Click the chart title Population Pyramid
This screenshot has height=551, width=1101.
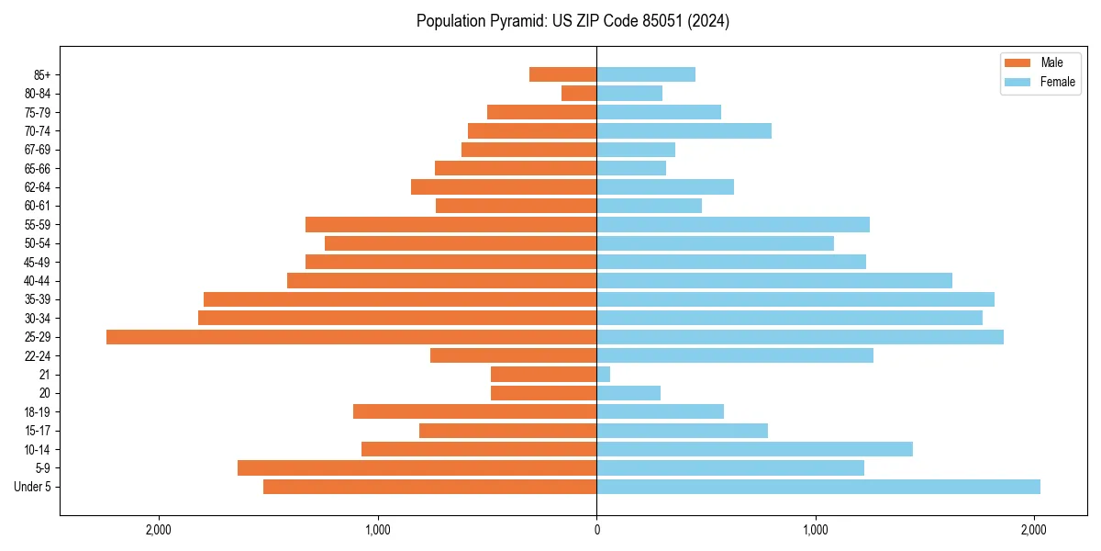click(x=573, y=21)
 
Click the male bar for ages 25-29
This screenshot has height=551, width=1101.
click(x=351, y=337)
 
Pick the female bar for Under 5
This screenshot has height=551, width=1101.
click(x=818, y=487)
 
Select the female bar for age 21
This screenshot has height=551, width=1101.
click(x=604, y=375)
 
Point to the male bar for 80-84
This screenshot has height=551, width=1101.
click(x=579, y=93)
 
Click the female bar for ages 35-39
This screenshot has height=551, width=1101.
click(x=795, y=299)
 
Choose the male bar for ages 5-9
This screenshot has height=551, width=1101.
click(x=417, y=468)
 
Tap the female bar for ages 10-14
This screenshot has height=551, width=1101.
click(x=754, y=449)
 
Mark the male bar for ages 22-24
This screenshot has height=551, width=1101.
click(x=513, y=355)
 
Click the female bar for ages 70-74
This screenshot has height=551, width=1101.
click(x=684, y=130)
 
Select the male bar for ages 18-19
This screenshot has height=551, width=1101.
click(x=474, y=411)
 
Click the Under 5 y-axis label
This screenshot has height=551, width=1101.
click(x=33, y=487)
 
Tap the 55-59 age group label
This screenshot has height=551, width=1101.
click(x=38, y=224)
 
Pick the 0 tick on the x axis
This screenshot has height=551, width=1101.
click(x=596, y=530)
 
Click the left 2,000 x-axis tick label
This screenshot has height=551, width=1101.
click(x=159, y=530)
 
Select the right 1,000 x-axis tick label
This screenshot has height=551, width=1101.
click(x=816, y=530)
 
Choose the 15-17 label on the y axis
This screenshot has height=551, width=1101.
click(x=38, y=431)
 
